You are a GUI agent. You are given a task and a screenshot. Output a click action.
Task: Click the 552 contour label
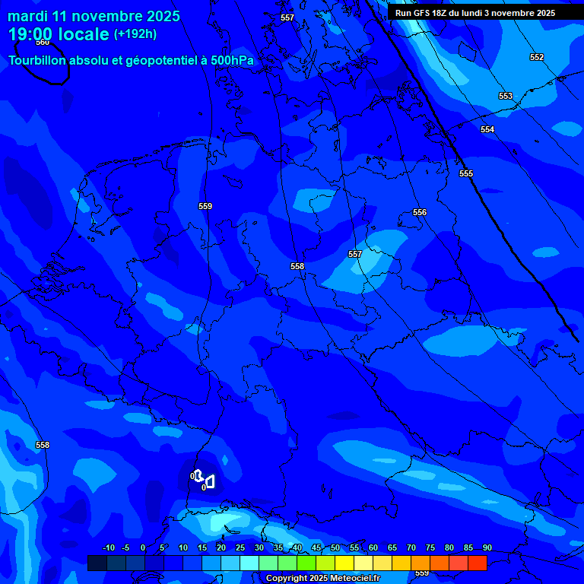[537, 57]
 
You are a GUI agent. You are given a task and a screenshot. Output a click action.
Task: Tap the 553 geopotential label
[506, 96]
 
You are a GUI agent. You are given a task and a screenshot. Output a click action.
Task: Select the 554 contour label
[487, 129]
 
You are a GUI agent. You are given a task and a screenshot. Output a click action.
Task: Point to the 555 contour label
[466, 173]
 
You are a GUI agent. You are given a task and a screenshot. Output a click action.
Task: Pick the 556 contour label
[420, 212]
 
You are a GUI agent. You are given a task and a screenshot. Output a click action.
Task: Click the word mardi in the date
[28, 16]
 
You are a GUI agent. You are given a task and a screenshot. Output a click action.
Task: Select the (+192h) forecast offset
[135, 34]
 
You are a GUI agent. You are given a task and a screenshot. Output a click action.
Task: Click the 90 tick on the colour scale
[487, 547]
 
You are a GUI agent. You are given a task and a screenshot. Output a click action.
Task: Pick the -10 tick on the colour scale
[108, 547]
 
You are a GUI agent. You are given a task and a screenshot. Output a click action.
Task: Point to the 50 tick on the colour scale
[335, 547]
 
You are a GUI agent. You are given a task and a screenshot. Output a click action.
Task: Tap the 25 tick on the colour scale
[240, 547]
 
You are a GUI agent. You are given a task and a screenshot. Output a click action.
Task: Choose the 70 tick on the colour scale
[411, 547]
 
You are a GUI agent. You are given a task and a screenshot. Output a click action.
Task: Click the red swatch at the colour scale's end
[478, 563]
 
